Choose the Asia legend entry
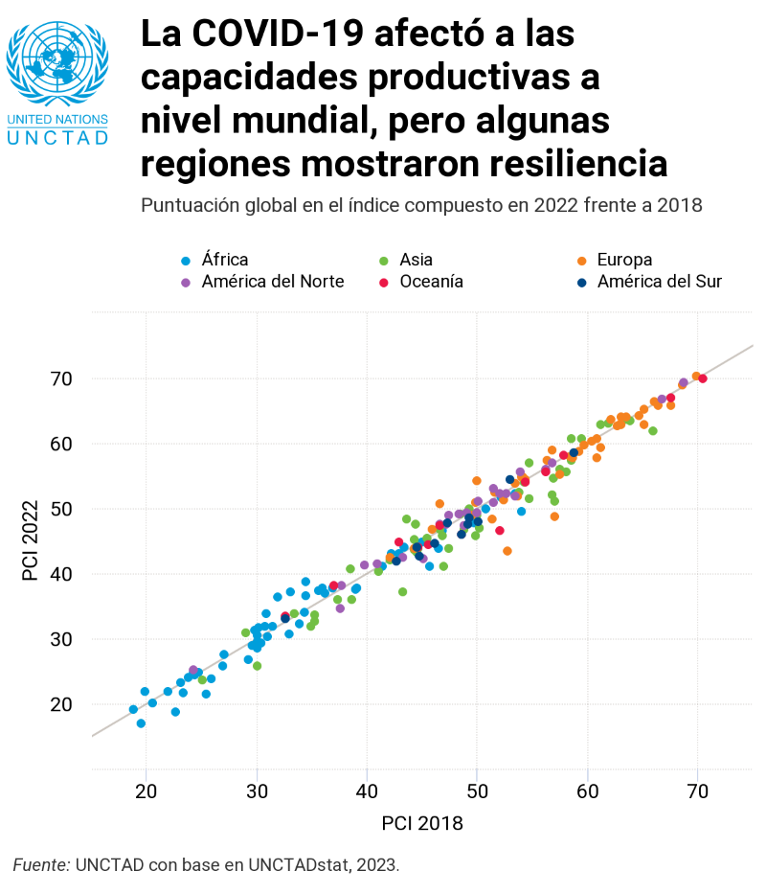(416, 260)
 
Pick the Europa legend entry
(623, 260)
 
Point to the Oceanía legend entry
(431, 282)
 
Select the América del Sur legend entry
(659, 282)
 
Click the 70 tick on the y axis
(60, 378)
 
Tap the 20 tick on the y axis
(60, 704)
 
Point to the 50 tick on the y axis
(60, 509)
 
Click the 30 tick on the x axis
(257, 791)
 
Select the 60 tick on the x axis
(587, 791)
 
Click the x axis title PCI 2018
(422, 823)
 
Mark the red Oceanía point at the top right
(703, 378)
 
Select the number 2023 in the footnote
(375, 865)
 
